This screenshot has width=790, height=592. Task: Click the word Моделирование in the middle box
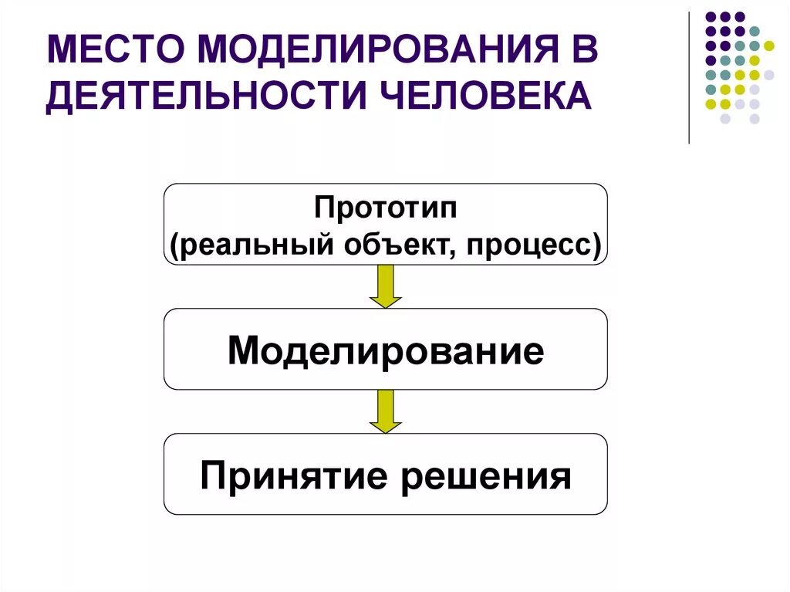tap(386, 351)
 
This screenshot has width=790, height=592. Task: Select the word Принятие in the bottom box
tap(292, 476)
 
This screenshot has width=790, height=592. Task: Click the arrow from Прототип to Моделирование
tap(386, 286)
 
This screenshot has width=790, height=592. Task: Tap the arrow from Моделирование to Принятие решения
tap(386, 411)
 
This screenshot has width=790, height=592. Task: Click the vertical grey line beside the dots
tap(689, 77)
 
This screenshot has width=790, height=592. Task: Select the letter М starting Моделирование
tap(242, 351)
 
